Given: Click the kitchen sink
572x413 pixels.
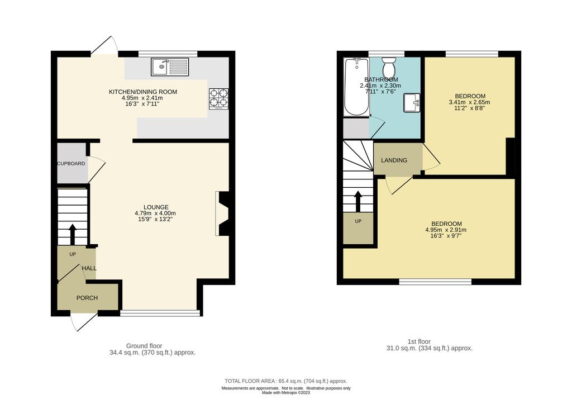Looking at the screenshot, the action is (170, 67).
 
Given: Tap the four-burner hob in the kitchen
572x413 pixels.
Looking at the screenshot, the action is (219, 99).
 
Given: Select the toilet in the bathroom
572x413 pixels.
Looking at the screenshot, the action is (389, 67).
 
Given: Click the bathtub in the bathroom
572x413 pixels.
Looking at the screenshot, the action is (356, 87).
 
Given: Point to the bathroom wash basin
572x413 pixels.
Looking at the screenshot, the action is (412, 102).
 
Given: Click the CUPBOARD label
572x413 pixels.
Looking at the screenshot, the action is (71, 163).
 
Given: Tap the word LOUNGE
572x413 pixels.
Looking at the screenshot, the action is (156, 207).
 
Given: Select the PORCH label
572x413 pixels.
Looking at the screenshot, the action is (87, 298).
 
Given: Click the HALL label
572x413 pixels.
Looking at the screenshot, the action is (89, 268).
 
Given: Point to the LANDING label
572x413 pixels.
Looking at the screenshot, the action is (394, 160).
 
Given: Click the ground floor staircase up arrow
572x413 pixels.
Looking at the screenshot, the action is (72, 234).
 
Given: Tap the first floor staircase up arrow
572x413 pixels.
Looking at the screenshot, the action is (358, 201).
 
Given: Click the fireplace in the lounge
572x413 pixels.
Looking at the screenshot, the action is (222, 213).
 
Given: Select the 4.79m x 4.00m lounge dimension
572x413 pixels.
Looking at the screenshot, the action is (155, 213).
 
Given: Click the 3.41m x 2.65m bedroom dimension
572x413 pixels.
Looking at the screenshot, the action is (469, 102).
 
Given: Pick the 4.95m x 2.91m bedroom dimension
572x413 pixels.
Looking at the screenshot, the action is (446, 230).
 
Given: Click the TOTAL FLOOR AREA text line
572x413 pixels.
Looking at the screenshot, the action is (285, 381).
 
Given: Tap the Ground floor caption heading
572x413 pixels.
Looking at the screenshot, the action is (144, 346).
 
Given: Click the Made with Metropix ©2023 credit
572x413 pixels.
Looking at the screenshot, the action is (286, 393).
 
